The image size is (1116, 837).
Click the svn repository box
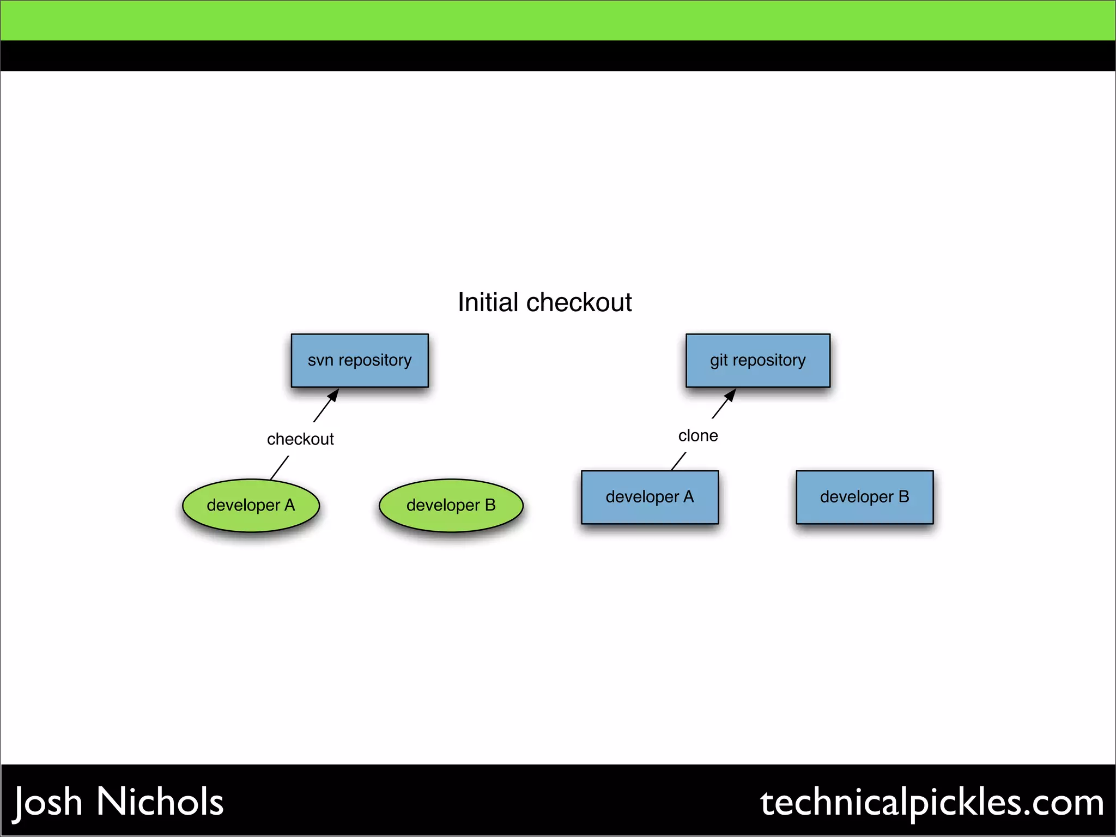(360, 360)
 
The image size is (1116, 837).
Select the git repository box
(757, 360)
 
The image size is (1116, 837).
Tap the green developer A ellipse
(251, 505)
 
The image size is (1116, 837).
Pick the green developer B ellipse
(451, 505)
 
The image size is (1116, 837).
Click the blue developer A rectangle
(650, 497)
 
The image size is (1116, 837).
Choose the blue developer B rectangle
(864, 497)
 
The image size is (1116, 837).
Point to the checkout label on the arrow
(300, 439)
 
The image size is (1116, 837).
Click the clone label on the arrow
(697, 436)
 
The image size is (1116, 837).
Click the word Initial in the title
(488, 302)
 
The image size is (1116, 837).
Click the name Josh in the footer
(48, 802)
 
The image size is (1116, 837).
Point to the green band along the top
(558, 20)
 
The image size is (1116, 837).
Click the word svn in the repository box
(320, 360)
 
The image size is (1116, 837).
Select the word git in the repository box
(719, 360)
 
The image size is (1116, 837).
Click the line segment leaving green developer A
(280, 468)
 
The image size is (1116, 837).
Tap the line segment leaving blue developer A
(678, 461)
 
